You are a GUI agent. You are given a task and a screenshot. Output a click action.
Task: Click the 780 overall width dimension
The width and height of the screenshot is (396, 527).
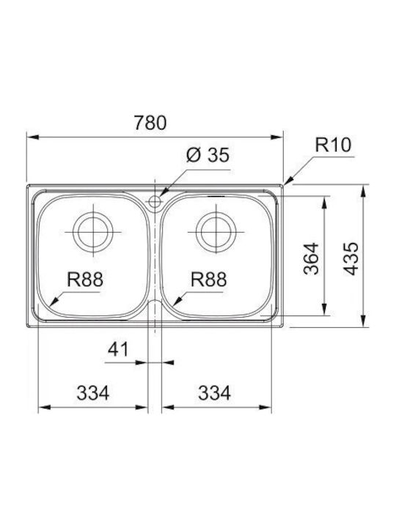point(150,123)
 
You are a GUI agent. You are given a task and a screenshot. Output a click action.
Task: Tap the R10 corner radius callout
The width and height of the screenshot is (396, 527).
point(333,145)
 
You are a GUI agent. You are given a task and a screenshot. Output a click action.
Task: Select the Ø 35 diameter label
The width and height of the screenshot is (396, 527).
point(208,155)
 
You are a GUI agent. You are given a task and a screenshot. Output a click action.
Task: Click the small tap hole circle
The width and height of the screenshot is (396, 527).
point(155,202)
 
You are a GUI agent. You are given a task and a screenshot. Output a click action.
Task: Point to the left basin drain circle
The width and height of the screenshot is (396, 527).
point(93,232)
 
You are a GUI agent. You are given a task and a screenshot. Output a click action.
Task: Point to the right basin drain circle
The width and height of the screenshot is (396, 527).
point(216,232)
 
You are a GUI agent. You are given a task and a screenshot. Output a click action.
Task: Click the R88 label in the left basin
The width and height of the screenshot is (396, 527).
point(84,280)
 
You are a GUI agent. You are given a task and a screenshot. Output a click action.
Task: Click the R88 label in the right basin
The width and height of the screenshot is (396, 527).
point(208,280)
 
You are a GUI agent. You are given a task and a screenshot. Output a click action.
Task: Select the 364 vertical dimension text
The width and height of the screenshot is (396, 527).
point(311,258)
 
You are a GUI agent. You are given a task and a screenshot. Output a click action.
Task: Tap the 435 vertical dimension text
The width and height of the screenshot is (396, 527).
point(351,258)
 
